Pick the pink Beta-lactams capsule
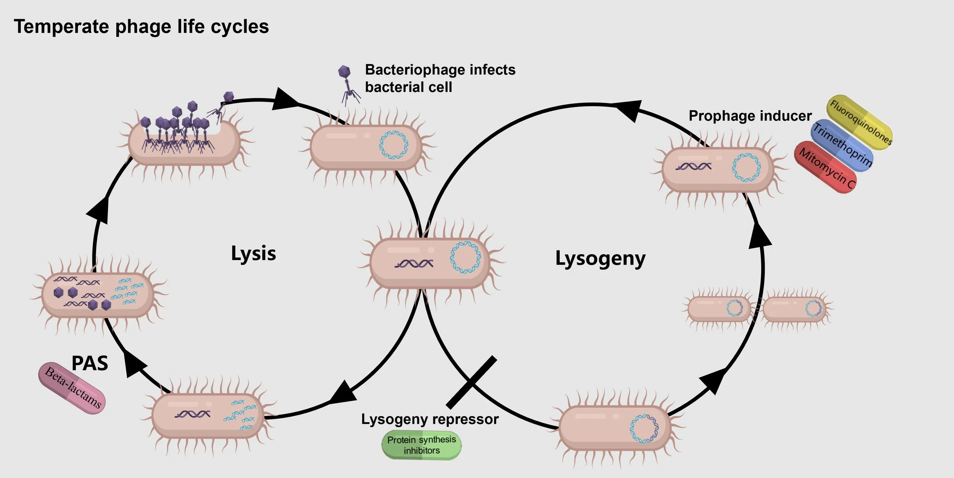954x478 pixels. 72,388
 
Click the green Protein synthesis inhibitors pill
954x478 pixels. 421,445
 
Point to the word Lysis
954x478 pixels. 253,254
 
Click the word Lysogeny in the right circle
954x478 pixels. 600,259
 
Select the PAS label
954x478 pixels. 90,363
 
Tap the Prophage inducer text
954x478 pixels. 750,116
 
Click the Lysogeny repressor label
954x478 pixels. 430,419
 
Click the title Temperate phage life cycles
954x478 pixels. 141,27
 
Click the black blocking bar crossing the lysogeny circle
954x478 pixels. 472,382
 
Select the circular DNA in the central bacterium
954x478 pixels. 465,257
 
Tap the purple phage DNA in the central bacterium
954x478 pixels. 414,263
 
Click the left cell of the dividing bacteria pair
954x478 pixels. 719,309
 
